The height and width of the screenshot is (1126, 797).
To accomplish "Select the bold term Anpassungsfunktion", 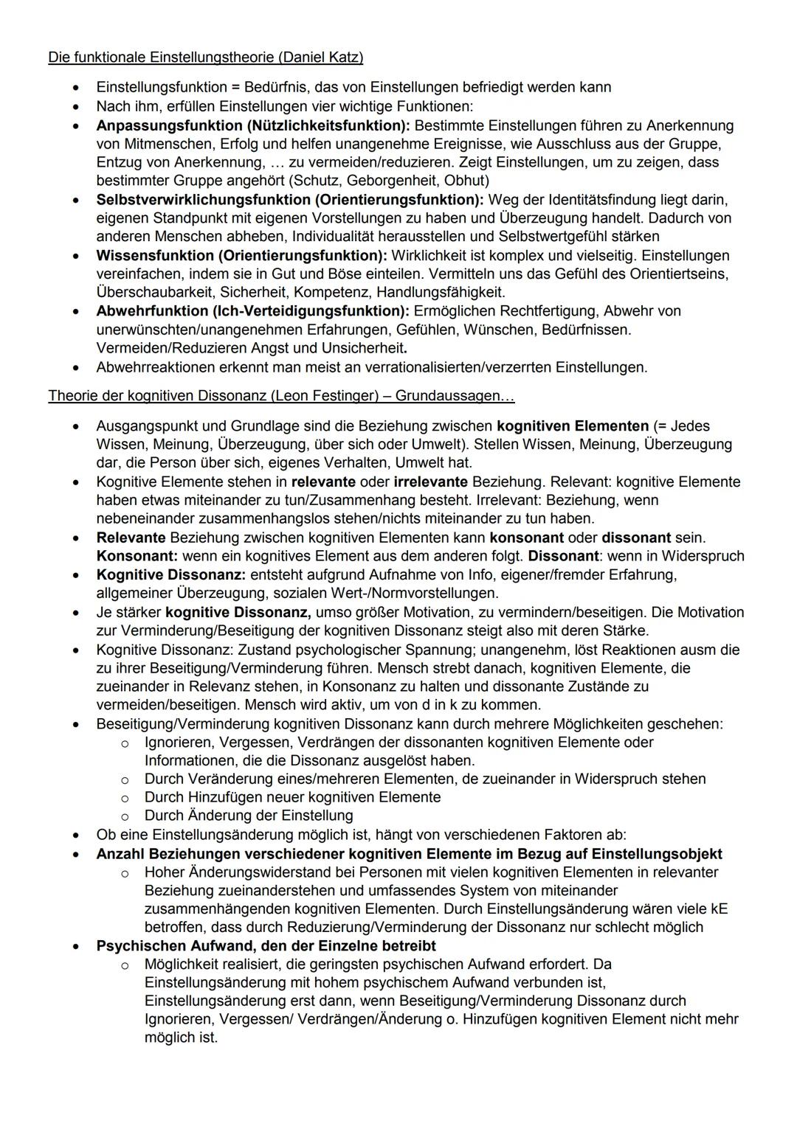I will (x=169, y=125).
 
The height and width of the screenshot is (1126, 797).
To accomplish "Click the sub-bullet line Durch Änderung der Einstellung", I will (x=249, y=816).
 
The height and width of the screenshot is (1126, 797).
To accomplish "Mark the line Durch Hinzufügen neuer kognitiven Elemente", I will (x=292, y=797).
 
